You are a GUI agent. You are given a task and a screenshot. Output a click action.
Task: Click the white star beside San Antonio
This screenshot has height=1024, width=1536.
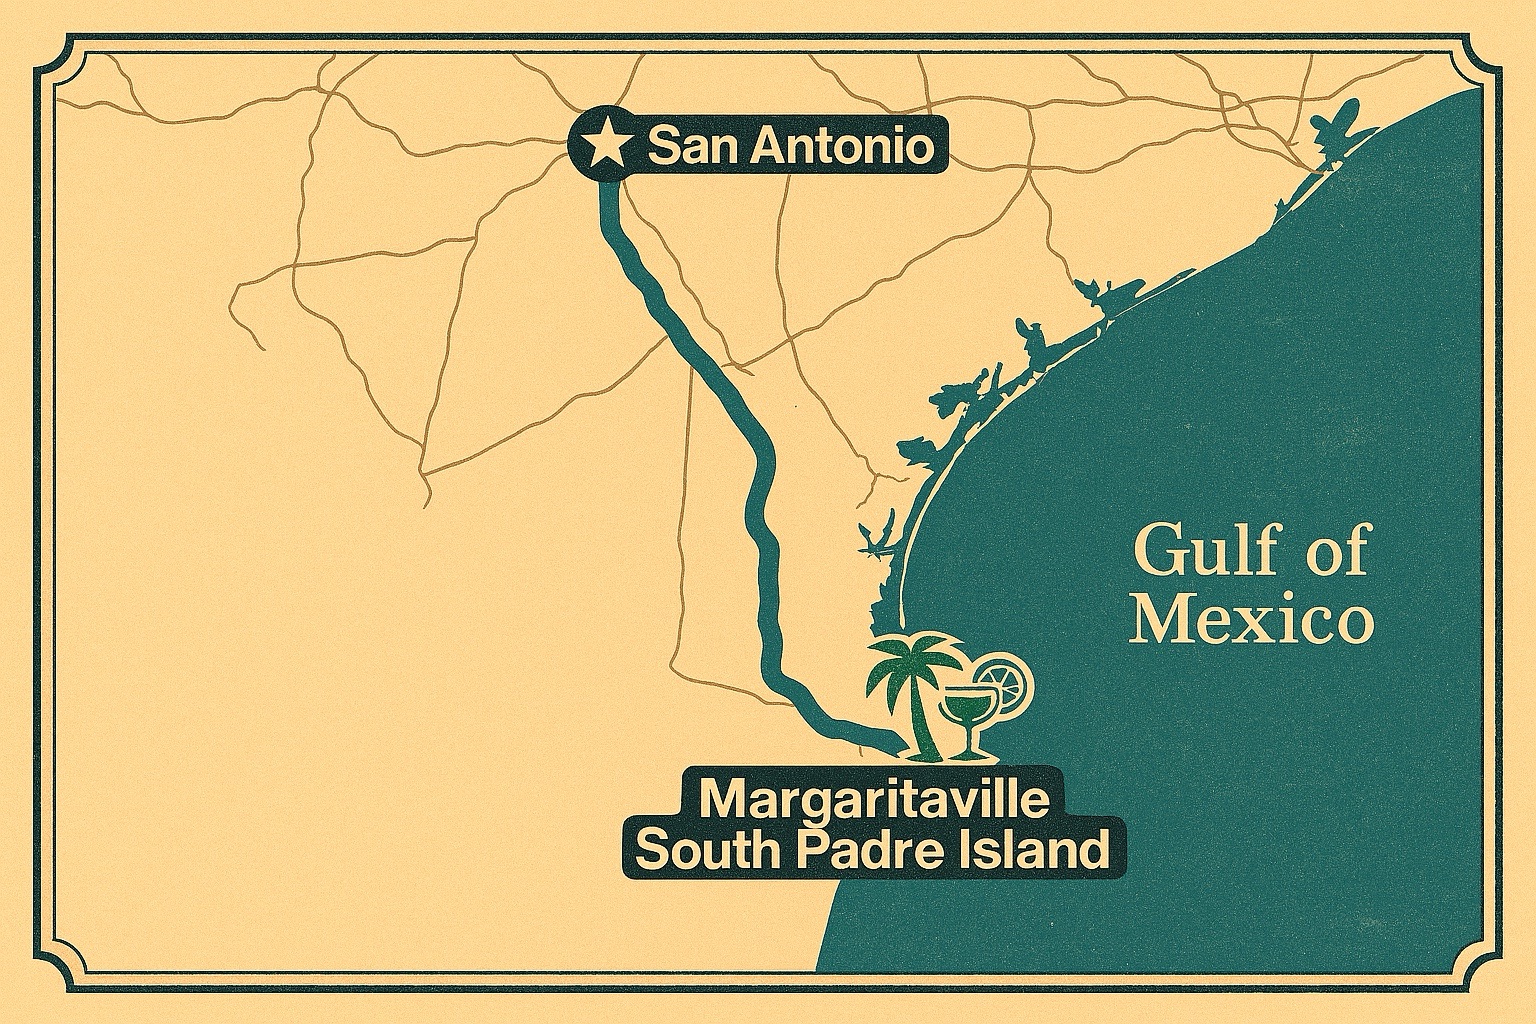coord(603,148)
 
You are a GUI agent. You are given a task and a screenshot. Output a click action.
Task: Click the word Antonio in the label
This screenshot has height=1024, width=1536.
coord(842,148)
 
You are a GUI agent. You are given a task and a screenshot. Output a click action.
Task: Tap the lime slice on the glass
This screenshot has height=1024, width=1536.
coord(1002,678)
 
